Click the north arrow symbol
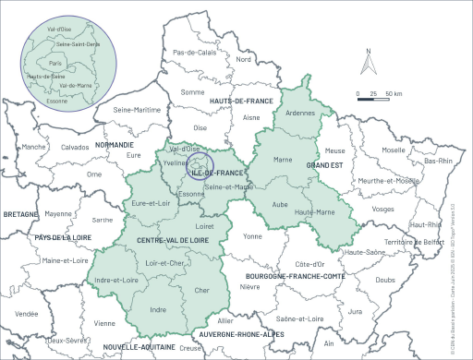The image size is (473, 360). coord(369,64)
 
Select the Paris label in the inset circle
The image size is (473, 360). coord(67,63)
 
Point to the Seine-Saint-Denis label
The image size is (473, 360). coord(78,42)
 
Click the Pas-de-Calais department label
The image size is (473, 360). coord(194,53)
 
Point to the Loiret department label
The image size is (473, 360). coord(206,225)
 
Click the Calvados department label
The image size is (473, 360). coord(75,147)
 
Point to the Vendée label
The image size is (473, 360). coord(26,314)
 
